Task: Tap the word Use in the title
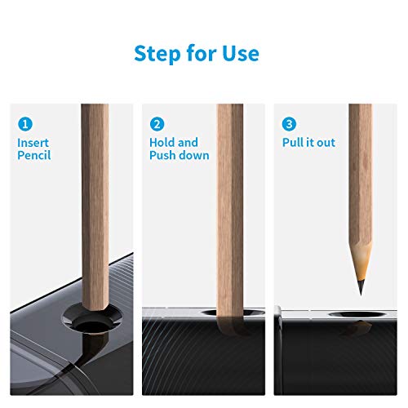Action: pyautogui.click(x=240, y=54)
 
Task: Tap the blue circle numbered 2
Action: pyautogui.click(x=156, y=126)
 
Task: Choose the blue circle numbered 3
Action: pyautogui.click(x=288, y=126)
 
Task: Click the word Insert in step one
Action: pyautogui.click(x=33, y=142)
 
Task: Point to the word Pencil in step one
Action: pyautogui.click(x=34, y=155)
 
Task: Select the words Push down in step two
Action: pyautogui.click(x=179, y=155)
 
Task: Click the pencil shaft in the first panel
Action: pyautogui.click(x=95, y=204)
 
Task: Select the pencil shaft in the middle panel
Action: pyautogui.click(x=230, y=204)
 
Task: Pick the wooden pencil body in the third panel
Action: pyautogui.click(x=360, y=180)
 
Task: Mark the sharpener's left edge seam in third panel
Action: pyautogui.click(x=278, y=326)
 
